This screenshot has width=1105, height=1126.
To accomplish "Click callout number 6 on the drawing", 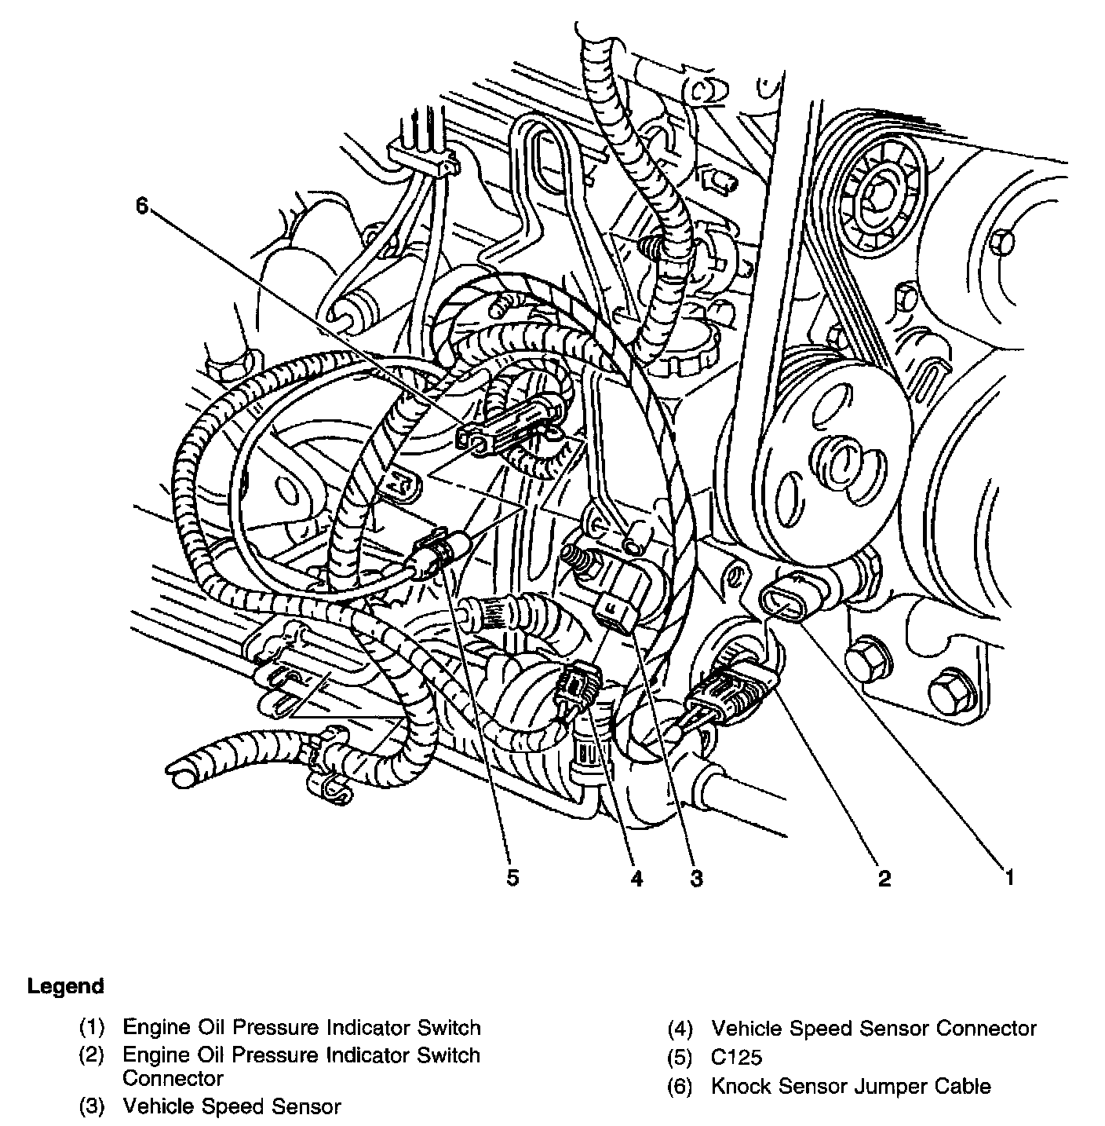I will pyautogui.click(x=141, y=207).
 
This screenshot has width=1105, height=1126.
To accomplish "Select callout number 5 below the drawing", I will pyautogui.click(x=512, y=877).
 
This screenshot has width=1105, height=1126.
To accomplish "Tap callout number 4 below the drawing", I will pyautogui.click(x=636, y=877).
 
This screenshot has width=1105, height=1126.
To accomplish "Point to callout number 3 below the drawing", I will pyautogui.click(x=696, y=877).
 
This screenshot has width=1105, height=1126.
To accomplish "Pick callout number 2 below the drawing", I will pyautogui.click(x=884, y=877).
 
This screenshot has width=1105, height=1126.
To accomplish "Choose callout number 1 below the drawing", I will pyautogui.click(x=1009, y=877).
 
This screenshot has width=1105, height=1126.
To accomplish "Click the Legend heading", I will pyautogui.click(x=65, y=986).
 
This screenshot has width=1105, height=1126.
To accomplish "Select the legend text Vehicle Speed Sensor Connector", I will pyautogui.click(x=873, y=1028).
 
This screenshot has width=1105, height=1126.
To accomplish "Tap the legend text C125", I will pyautogui.click(x=736, y=1057).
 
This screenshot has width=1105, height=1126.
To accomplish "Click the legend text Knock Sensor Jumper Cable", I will pyautogui.click(x=851, y=1087).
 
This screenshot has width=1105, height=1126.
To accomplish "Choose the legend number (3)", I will pyautogui.click(x=91, y=1107).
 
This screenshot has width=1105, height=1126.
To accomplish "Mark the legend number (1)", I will pyautogui.click(x=91, y=1028).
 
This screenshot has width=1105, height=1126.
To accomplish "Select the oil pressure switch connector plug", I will pyautogui.click(x=729, y=685).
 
